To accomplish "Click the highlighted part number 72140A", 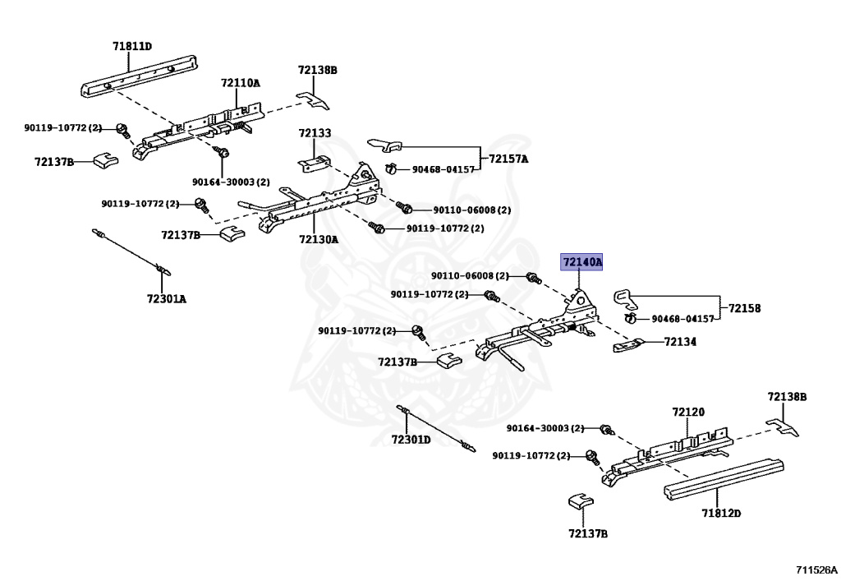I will click(x=582, y=262).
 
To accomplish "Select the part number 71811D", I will click(x=132, y=47).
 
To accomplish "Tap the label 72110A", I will click(x=240, y=83).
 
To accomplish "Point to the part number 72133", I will click(x=315, y=133).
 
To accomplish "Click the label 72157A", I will click(x=508, y=159).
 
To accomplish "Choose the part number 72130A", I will click(x=318, y=239).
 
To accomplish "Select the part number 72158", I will click(x=745, y=308).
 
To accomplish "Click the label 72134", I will click(x=680, y=341).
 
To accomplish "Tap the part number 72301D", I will click(x=411, y=439).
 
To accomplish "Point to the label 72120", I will click(x=688, y=412).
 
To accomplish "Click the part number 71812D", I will click(x=721, y=514).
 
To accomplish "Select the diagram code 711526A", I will click(x=816, y=569).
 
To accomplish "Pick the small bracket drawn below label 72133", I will click(x=315, y=161).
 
